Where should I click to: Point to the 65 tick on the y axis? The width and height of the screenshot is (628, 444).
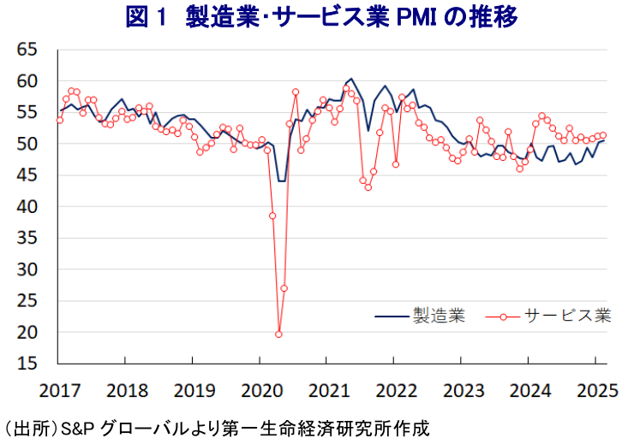coord(28,50)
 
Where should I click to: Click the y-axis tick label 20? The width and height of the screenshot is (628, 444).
coord(28,332)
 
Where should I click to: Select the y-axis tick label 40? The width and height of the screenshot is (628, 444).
coord(28,206)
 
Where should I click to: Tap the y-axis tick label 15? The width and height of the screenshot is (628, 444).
coord(28,364)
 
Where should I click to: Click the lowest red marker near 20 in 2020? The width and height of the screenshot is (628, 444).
coord(278,334)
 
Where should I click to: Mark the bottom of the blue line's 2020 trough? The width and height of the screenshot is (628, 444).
coord(281,181)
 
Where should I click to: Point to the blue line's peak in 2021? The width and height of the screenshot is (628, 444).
coord(351,79)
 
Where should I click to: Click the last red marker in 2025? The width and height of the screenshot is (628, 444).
coord(603,135)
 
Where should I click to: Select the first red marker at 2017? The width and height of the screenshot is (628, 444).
coord(59,120)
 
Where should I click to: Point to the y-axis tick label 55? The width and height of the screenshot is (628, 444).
coord(28,112)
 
